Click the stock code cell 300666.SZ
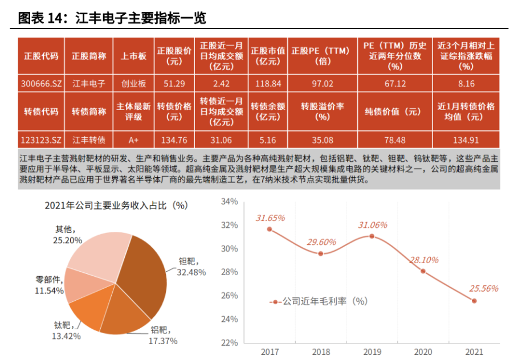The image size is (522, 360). point(41,84)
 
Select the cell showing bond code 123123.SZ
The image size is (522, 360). point(41,140)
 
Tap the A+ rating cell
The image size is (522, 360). point(133,140)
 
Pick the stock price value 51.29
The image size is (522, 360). point(174,84)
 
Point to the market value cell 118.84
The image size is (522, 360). point(268,84)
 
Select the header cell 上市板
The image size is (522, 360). point(133,56)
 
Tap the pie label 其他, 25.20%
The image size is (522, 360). point(64,234)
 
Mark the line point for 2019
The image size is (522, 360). point(372,236)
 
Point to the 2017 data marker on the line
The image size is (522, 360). point(270,229)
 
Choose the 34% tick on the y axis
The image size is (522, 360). point(229,202)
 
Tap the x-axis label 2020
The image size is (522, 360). point(423,351)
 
